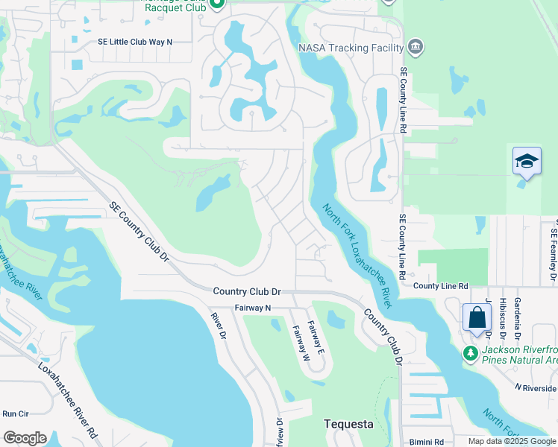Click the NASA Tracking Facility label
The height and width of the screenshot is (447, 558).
pyautogui.click(x=351, y=48)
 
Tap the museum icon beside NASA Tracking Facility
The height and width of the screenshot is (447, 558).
pyautogui.click(x=416, y=48)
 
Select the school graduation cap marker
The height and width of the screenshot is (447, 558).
pyautogui.click(x=526, y=161)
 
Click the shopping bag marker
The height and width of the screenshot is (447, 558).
pyautogui.click(x=477, y=317)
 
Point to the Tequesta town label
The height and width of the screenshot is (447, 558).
pyautogui.click(x=348, y=424)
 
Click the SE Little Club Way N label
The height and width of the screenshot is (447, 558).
pyautogui.click(x=135, y=42)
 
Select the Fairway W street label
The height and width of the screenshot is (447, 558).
pyautogui.click(x=301, y=342)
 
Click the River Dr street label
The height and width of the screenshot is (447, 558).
pyautogui.click(x=218, y=326)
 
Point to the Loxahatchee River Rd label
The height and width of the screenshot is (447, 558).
pyautogui.click(x=66, y=399)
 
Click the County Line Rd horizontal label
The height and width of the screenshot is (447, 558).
pyautogui.click(x=440, y=286)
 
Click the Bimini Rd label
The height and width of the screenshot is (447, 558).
pyautogui.click(x=429, y=440)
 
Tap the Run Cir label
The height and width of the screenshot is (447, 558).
pyautogui.click(x=15, y=413)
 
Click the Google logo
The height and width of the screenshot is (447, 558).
pyautogui.click(x=25, y=437)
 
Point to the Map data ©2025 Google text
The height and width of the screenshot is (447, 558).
pyautogui.click(x=512, y=441)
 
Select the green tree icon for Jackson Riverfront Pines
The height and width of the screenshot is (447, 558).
pyautogui.click(x=470, y=352)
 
